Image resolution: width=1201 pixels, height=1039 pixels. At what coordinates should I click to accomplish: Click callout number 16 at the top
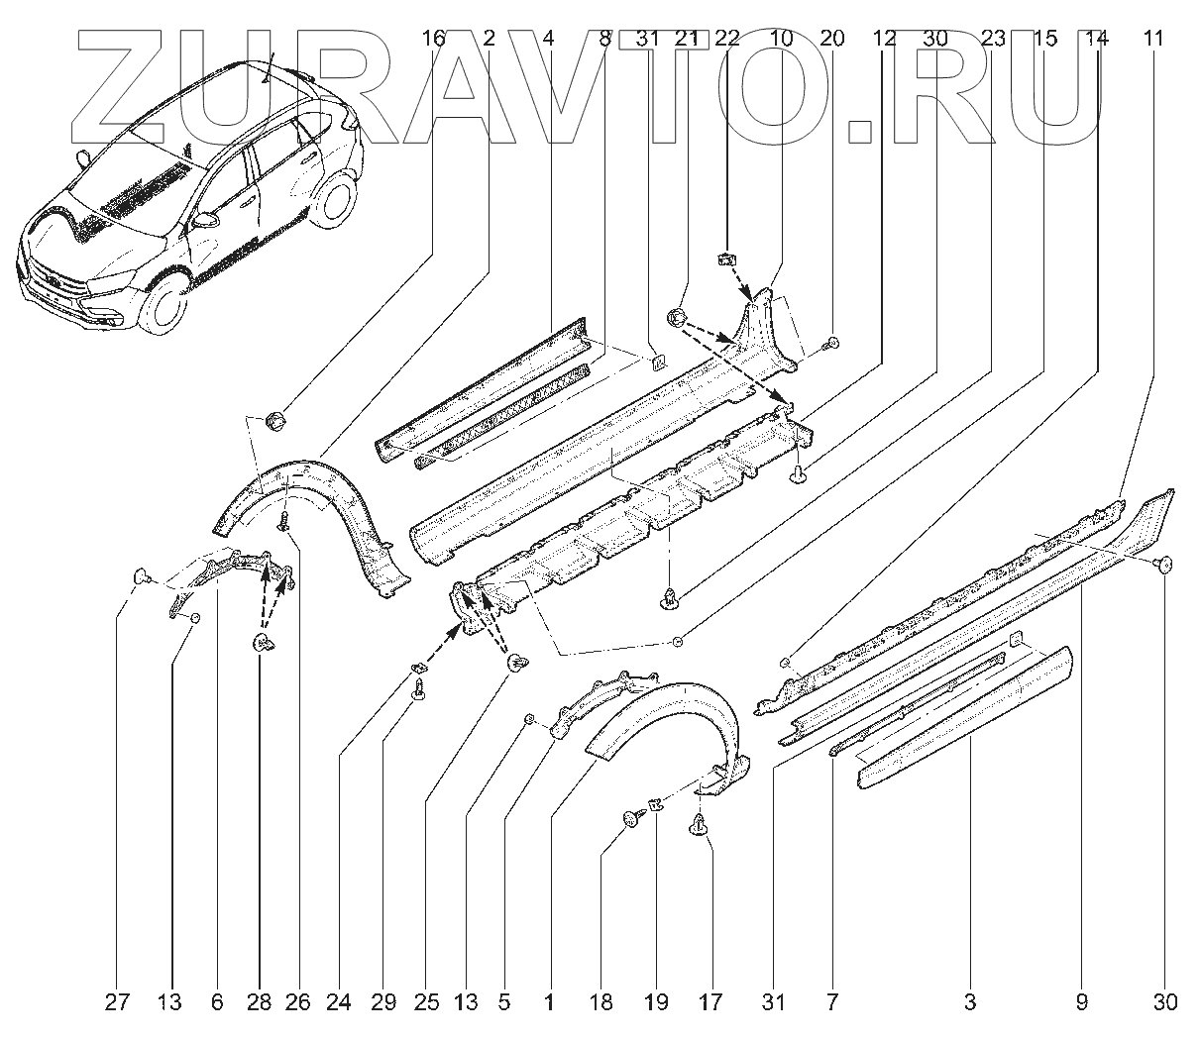tap(433, 39)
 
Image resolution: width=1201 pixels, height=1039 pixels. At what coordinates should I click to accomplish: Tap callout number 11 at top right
tap(1152, 39)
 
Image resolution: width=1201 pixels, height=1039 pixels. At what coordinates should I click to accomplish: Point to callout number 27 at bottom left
tap(118, 1002)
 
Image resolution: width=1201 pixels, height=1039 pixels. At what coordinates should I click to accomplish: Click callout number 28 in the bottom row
tap(260, 1002)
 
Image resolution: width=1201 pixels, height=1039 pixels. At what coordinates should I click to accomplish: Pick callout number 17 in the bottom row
tap(710, 1002)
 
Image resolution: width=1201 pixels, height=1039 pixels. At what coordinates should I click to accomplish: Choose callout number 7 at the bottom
tap(831, 1002)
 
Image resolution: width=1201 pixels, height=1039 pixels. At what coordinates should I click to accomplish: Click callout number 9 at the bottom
tap(1082, 1002)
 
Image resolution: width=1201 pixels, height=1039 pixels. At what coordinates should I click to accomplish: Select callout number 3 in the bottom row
tap(970, 1002)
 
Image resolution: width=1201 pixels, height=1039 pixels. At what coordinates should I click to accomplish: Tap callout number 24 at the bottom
tap(340, 1002)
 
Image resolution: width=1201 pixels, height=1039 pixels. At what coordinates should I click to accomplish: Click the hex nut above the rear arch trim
tap(278, 421)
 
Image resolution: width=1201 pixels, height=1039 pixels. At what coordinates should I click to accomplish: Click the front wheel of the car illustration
tap(159, 301)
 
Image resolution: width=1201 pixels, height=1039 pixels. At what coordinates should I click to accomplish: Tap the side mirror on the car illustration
tap(206, 220)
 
